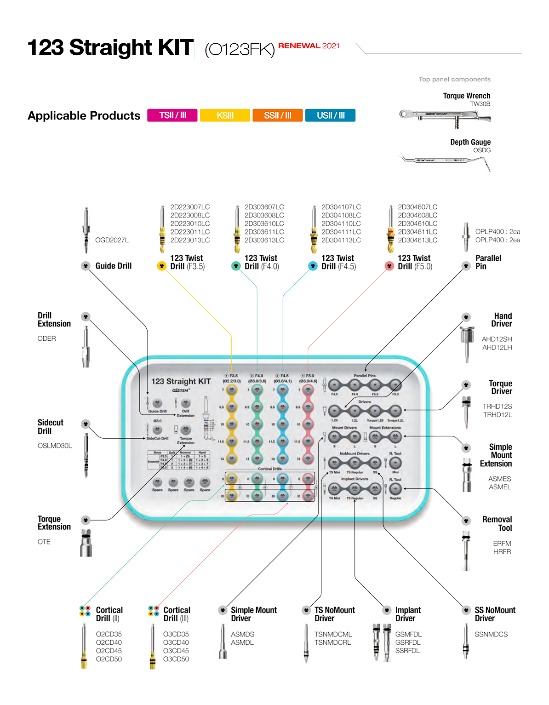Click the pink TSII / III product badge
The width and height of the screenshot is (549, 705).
(x=172, y=115)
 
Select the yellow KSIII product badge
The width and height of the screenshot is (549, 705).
(x=225, y=115)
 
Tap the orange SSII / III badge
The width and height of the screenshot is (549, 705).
(x=278, y=115)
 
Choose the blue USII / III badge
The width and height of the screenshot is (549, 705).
(x=330, y=115)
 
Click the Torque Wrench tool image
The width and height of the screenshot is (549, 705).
(x=445, y=116)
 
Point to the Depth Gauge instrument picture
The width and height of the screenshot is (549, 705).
(x=445, y=161)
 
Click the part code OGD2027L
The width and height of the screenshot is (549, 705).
(x=112, y=240)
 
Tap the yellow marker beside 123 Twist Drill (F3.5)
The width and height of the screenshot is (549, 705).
(x=161, y=266)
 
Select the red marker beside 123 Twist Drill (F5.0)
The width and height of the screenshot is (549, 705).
(x=389, y=266)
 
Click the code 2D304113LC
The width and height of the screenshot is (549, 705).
(x=341, y=240)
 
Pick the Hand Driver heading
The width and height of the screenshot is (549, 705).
(x=502, y=320)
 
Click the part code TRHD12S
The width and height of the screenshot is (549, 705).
(x=497, y=407)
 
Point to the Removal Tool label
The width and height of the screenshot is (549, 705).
(x=497, y=524)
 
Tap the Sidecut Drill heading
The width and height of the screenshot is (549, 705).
(x=50, y=427)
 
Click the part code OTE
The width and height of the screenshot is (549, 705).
(x=44, y=542)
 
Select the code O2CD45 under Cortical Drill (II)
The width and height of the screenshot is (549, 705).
(x=109, y=651)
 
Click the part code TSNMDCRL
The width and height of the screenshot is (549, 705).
(x=332, y=642)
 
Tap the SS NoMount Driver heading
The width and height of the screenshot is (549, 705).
(x=495, y=614)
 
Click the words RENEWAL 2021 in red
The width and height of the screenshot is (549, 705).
(x=309, y=46)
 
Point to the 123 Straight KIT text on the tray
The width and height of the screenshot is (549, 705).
(x=181, y=381)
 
